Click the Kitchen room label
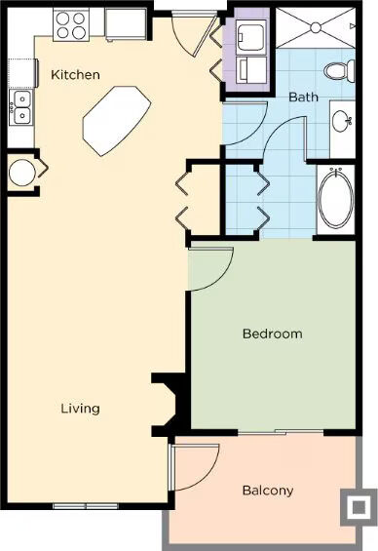coord(75,74)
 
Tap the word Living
coord(80,409)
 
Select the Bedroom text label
coord(273,334)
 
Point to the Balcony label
coord(268,491)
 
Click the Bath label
coord(303,97)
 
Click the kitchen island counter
coord(117,121)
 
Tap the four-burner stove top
coord(71,25)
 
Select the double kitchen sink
coord(21,107)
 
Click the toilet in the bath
coord(339,69)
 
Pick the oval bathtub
coord(335,198)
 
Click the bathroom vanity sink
coord(341,121)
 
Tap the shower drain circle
coord(316,27)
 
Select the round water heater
coord(22,173)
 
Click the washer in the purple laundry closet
coord(250,37)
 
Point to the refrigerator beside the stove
coord(126,23)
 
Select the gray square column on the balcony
coord(359,507)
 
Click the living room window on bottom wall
coord(86,506)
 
